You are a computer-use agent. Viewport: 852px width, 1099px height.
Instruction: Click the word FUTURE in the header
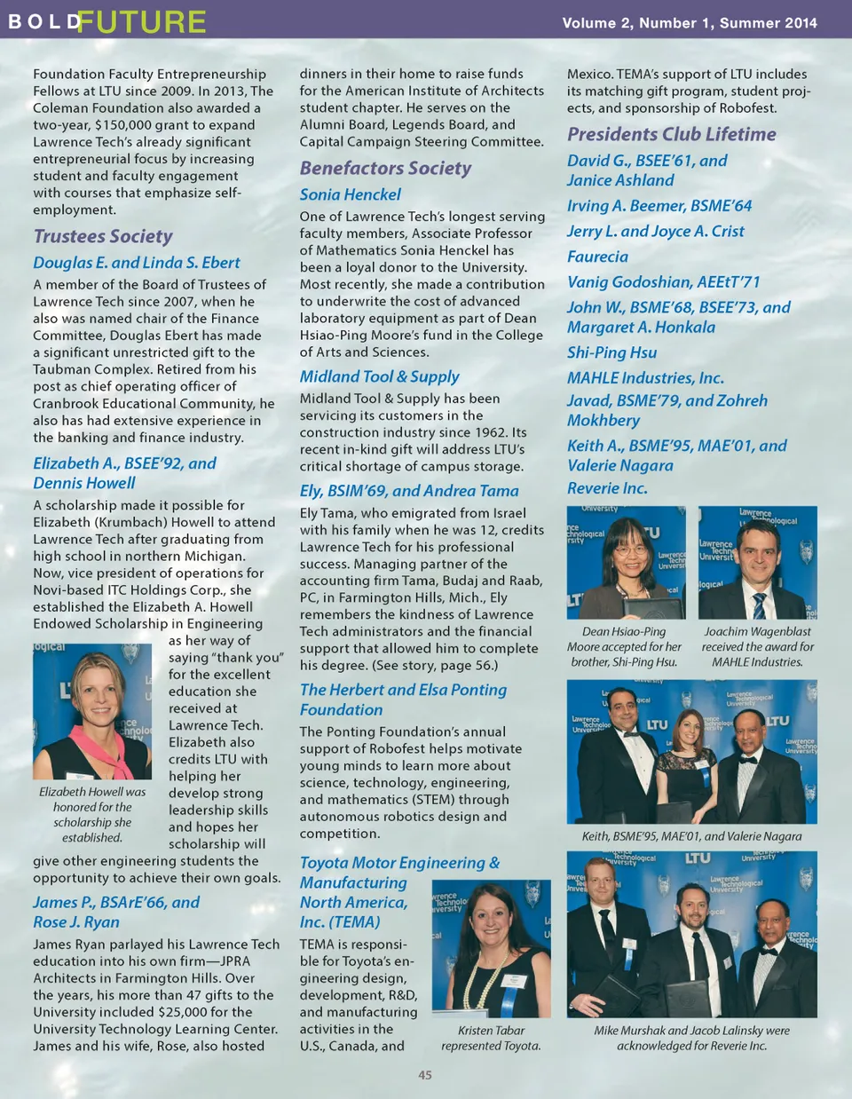pos(141,21)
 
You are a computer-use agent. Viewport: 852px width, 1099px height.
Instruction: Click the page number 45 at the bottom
pos(425,1075)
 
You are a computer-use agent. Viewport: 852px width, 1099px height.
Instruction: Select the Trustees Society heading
pos(103,236)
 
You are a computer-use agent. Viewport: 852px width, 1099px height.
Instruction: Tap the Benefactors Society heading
pos(385,168)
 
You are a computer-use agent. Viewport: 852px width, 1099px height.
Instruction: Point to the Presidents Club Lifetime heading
pos(671,134)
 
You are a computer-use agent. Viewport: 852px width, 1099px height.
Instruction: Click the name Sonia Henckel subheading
pos(350,194)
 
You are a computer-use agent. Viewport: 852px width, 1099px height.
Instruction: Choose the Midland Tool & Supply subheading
pos(379,376)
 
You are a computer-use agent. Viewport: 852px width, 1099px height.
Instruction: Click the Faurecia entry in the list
pos(597,257)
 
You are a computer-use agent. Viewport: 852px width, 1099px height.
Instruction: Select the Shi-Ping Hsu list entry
pos(611,352)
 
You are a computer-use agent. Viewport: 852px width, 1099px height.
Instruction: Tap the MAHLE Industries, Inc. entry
pos(645,378)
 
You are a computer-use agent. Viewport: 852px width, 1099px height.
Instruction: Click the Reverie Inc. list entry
pos(607,488)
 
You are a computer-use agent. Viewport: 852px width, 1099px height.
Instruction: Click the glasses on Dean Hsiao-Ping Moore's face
pos(631,549)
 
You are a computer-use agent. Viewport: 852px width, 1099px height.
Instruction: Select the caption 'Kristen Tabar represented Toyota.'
pos(491,1038)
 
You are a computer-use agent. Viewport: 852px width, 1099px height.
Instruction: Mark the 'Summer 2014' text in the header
pos(768,23)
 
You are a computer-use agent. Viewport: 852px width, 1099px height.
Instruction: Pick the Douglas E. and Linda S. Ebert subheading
pos(137,263)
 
